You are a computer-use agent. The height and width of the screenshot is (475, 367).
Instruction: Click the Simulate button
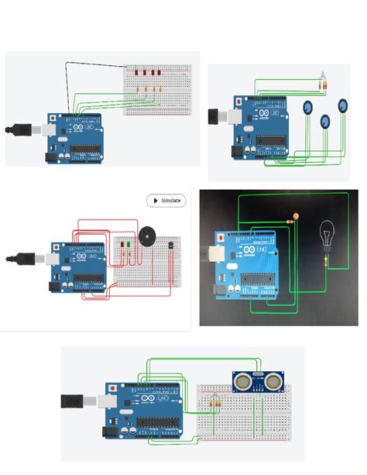[166, 200]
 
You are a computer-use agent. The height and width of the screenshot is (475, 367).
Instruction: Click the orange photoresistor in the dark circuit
[295, 215]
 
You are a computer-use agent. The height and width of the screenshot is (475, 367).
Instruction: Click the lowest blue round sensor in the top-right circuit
[325, 122]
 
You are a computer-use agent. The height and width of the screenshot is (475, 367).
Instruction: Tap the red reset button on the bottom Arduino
[114, 387]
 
